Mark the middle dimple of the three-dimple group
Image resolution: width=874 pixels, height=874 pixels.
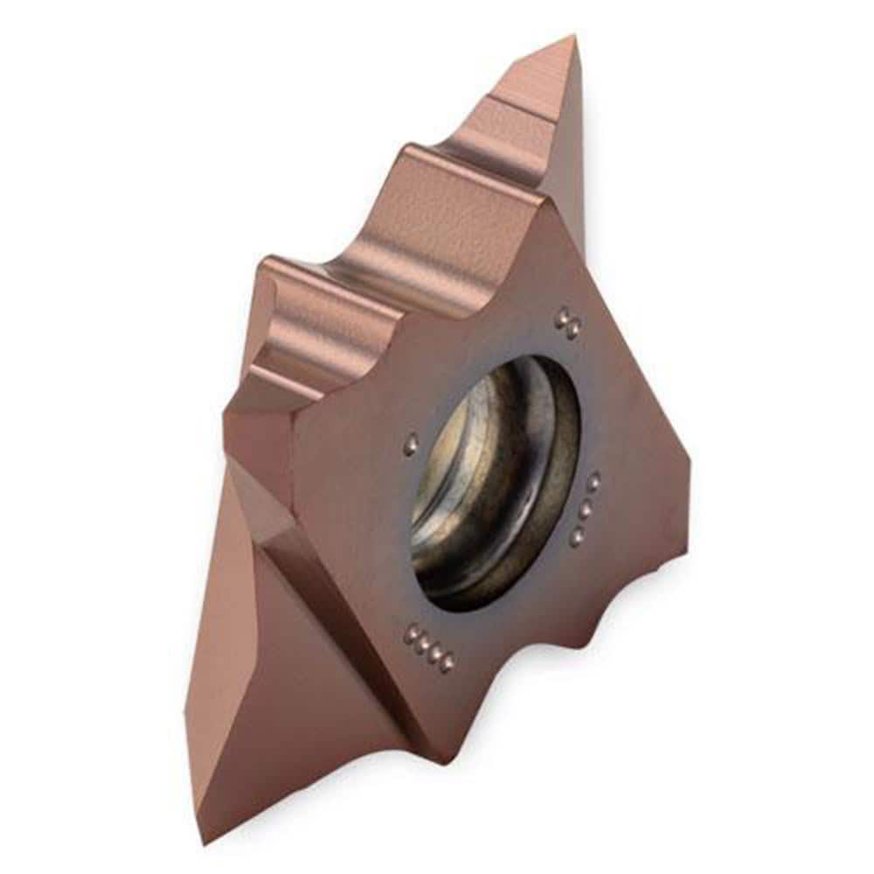coord(586,506)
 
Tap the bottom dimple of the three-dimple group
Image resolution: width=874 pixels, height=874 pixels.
coord(577,535)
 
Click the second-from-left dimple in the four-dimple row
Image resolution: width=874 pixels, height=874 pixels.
coord(421,644)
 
